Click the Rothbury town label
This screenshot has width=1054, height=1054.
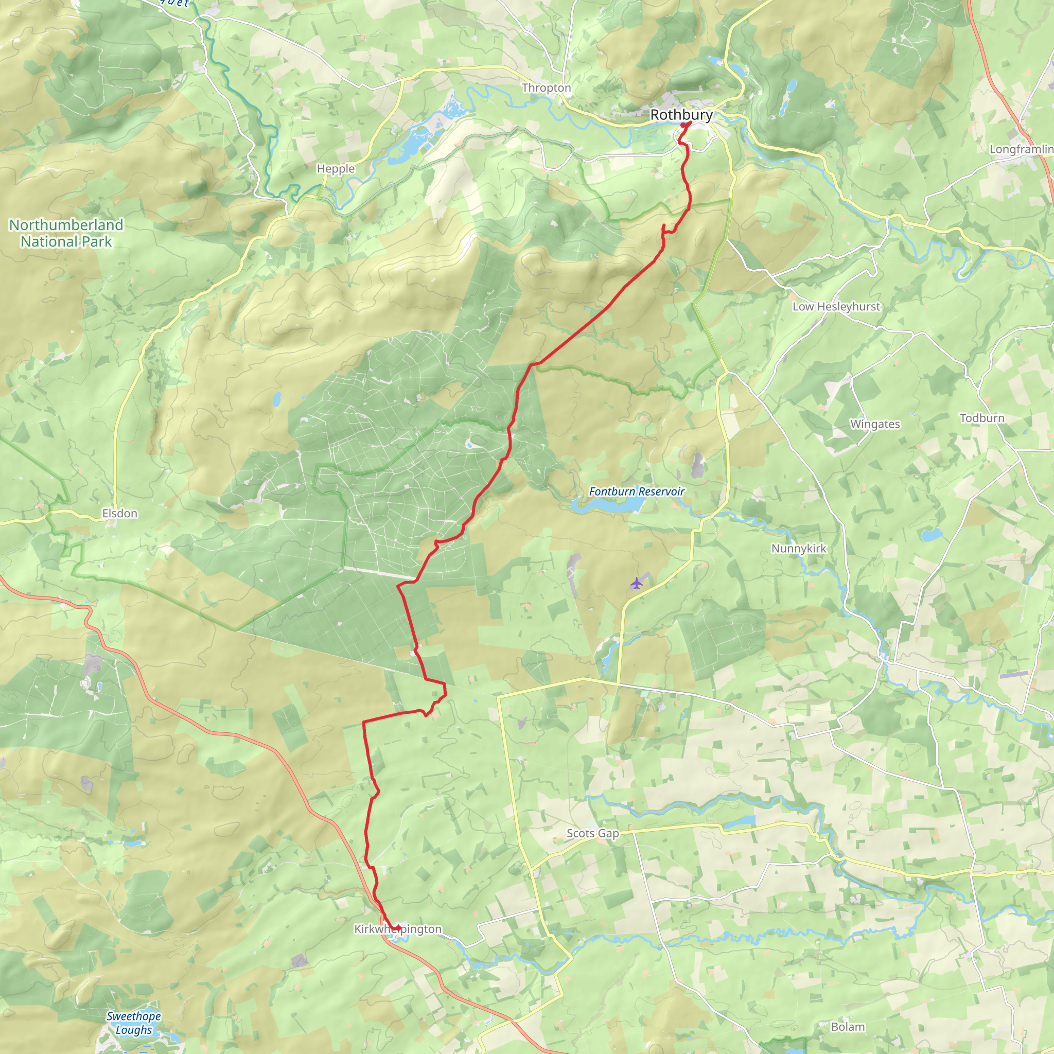click(x=681, y=115)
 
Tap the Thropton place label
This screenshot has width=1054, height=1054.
click(x=546, y=88)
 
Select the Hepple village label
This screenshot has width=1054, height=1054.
click(x=336, y=169)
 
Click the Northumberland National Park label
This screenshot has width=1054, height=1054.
click(x=66, y=233)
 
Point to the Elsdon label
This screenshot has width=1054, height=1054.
click(x=119, y=513)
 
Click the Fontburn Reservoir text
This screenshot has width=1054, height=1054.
click(x=636, y=491)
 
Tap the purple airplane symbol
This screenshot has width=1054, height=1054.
click(x=636, y=584)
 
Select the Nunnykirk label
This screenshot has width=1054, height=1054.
click(x=799, y=549)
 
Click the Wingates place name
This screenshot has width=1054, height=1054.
click(x=875, y=425)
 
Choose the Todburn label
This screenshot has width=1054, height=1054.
click(x=982, y=418)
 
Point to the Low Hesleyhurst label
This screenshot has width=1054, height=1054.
click(x=836, y=307)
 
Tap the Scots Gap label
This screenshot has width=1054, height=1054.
click(x=592, y=834)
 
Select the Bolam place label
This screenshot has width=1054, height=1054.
click(x=848, y=1027)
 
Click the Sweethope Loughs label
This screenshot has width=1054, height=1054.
click(x=134, y=1023)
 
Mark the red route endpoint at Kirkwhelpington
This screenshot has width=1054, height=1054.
click(x=398, y=928)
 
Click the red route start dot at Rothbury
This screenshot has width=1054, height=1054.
click(x=683, y=125)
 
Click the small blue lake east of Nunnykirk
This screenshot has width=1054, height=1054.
click(x=929, y=534)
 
